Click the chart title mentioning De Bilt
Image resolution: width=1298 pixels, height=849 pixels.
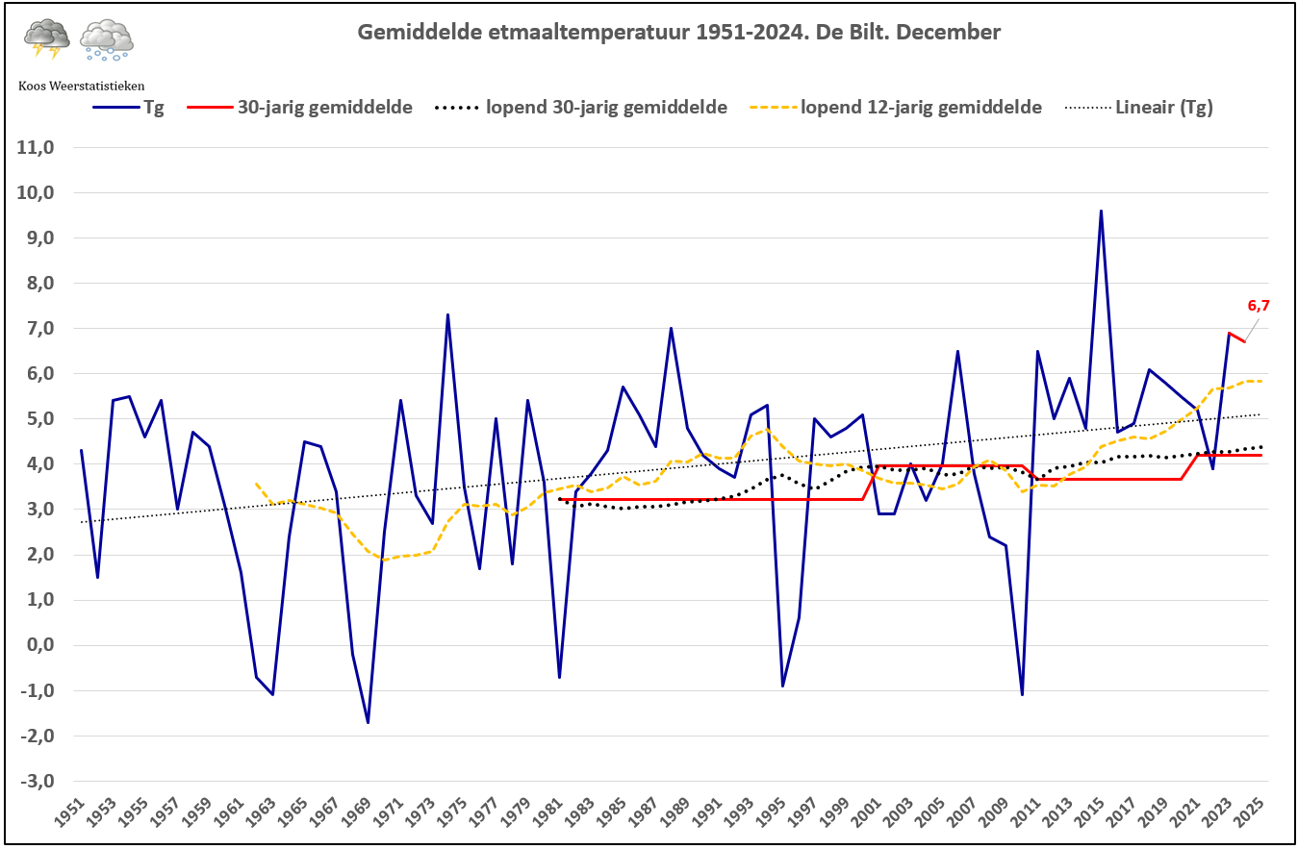point(678,33)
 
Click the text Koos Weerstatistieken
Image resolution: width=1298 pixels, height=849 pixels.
point(82,86)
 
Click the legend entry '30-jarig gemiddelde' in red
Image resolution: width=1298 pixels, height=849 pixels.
point(299,108)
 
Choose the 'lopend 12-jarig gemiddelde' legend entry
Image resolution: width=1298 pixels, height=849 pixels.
point(896,108)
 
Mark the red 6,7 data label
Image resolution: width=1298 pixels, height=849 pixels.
point(1259,306)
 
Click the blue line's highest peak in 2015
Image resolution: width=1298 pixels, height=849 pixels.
point(1101,211)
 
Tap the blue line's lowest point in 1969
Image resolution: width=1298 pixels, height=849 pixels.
point(368,722)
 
